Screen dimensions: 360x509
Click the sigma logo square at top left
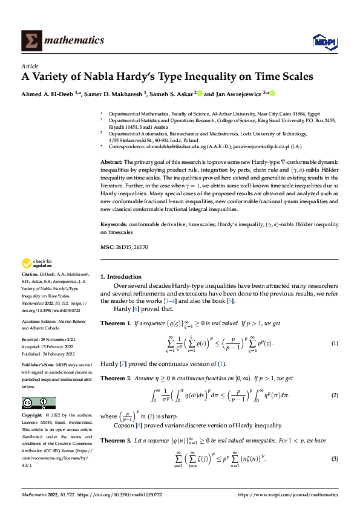point(30,41)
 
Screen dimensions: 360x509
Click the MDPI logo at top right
point(324,41)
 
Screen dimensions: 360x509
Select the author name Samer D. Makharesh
point(107,94)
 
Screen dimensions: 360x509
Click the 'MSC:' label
point(107,248)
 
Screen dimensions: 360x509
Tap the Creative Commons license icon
point(39,403)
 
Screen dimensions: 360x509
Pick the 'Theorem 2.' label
point(115,378)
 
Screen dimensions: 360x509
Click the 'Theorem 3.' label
point(115,441)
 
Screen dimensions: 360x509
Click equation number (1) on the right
point(334,343)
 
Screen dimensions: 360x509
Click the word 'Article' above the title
point(30,65)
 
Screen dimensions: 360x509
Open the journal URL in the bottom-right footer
point(288,494)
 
